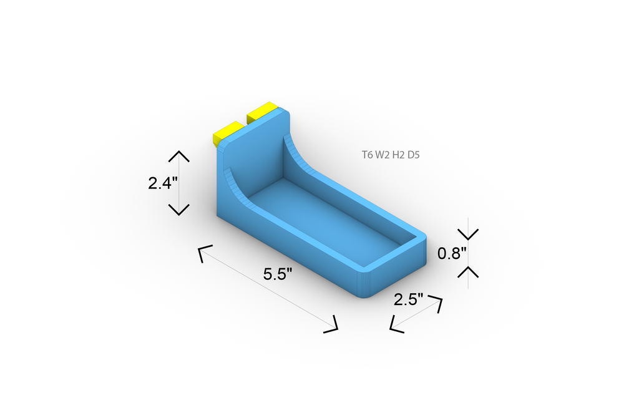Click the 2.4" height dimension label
click(163, 183)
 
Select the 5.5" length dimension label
click(278, 274)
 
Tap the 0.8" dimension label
click(452, 253)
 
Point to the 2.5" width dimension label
click(408, 300)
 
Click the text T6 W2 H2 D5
click(391, 155)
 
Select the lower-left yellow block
click(228, 133)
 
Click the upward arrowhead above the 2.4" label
click(179, 156)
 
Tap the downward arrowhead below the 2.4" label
click(179, 210)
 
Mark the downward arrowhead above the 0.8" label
click(468, 234)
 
